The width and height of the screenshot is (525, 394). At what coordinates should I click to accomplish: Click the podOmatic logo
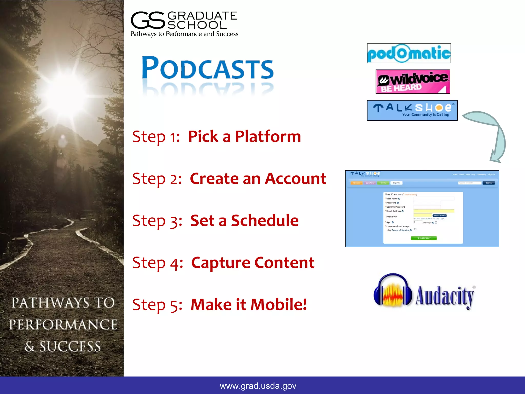point(409,53)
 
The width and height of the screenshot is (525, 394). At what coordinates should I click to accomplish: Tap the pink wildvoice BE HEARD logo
point(413,82)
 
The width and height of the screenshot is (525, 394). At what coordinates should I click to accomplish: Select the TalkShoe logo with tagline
point(412,110)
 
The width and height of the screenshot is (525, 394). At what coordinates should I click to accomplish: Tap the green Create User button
point(424,238)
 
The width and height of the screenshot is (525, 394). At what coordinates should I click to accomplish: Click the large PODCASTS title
point(208,68)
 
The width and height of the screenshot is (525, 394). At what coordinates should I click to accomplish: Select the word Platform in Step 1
point(268,136)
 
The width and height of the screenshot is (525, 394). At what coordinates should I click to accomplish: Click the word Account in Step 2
point(295,179)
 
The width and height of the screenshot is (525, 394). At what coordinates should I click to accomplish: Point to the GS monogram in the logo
point(148,20)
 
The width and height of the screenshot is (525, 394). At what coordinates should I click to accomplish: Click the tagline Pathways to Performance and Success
point(184,34)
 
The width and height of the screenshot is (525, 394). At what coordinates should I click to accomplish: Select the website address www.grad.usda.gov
point(258,386)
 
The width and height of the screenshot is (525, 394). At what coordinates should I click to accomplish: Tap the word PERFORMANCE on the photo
point(63,325)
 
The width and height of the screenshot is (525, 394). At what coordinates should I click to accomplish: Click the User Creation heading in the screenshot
point(393,194)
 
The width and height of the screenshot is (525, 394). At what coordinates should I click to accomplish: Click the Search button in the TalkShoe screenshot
point(489,183)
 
